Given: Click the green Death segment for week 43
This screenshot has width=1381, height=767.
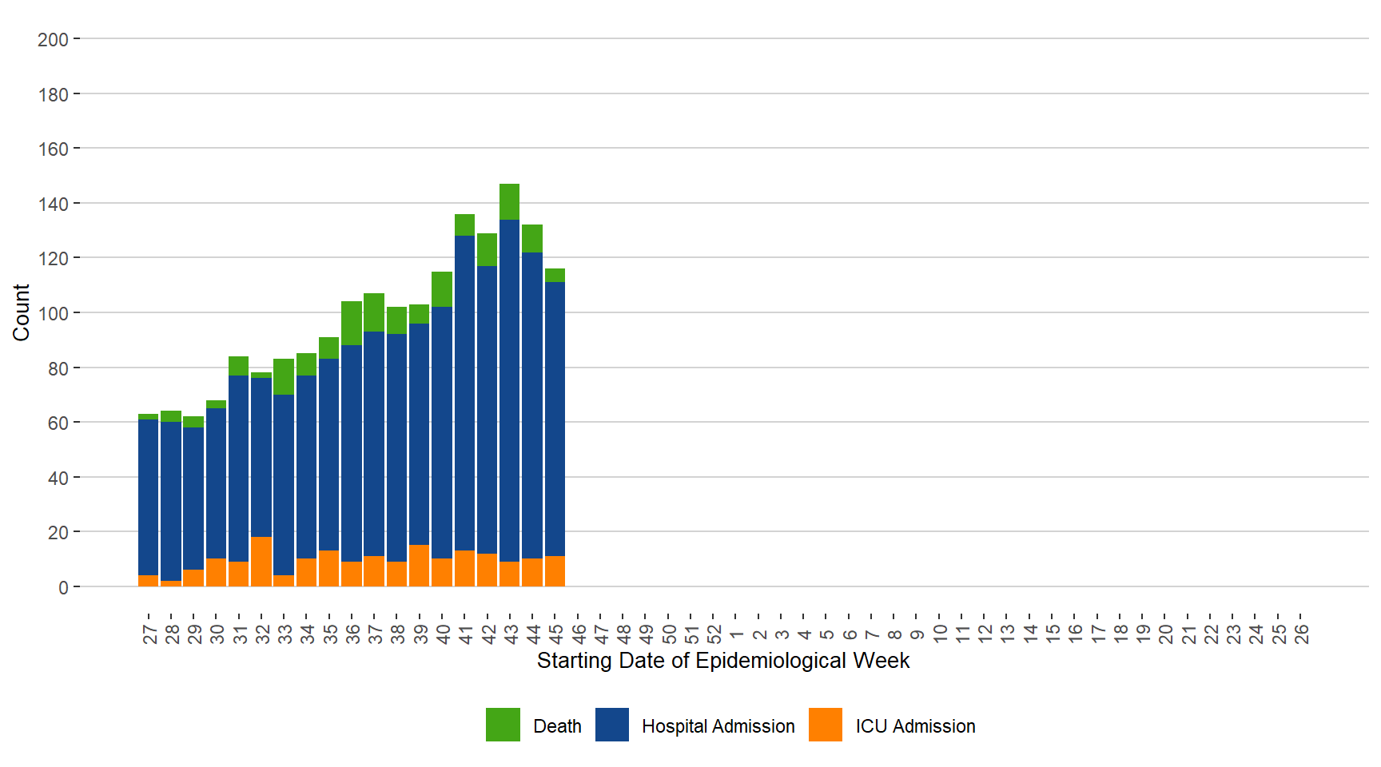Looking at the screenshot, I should [509, 202].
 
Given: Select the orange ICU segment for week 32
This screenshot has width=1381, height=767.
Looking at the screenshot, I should [261, 562].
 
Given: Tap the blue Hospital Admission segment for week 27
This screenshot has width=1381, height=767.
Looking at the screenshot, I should [148, 497].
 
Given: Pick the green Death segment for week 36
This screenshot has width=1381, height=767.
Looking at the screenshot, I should [352, 324].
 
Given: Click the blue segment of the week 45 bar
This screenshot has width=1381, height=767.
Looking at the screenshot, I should [555, 419].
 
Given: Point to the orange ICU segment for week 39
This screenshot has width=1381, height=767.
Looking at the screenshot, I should [419, 566].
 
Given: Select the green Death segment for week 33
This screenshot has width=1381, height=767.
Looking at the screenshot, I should [284, 377].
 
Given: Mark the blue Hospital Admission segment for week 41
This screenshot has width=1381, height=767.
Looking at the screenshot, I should [464, 393].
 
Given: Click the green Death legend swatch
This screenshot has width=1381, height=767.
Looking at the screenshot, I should [503, 725].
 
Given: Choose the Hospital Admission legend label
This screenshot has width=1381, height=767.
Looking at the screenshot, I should [718, 726].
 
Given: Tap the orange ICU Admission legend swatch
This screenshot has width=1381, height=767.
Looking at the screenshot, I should [825, 725].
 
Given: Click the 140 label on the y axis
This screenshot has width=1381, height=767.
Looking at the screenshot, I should [53, 204].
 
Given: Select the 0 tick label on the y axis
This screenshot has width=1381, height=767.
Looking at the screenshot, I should [63, 587].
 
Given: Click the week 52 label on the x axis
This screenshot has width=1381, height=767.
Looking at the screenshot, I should [714, 634].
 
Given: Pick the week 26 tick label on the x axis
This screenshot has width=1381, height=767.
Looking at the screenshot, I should [1302, 634].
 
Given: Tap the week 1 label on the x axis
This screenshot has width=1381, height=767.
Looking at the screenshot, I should [737, 634].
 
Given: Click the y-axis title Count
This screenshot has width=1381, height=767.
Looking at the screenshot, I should [21, 312].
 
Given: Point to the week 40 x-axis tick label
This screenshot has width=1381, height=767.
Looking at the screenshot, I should [443, 634].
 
